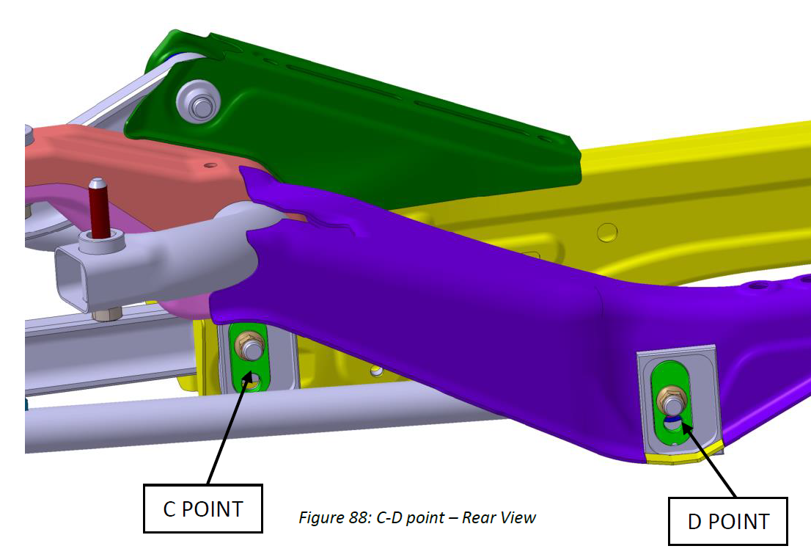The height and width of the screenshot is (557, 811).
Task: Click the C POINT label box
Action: pyautogui.click(x=202, y=509)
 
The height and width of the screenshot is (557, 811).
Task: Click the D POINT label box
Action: pyautogui.click(x=727, y=521)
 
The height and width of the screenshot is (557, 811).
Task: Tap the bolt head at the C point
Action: pyautogui.click(x=251, y=347)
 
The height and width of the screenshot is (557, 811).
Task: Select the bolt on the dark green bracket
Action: pyautogui.click(x=199, y=101)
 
